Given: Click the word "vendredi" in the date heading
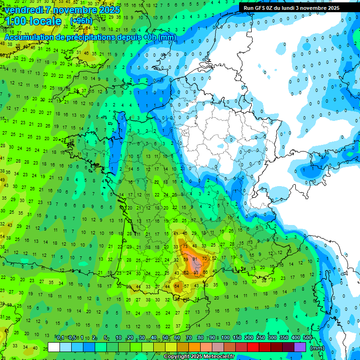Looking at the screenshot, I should [x=23, y=10].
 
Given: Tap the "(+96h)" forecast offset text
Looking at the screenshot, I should [x=81, y=21].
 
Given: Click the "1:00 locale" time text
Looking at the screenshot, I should [x=33, y=22].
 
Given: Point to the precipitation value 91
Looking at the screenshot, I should [x=195, y=259].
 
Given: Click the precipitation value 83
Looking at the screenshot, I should [x=196, y=272].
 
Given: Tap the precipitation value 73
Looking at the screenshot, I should [x=185, y=247].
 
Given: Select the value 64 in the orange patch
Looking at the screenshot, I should [x=177, y=285].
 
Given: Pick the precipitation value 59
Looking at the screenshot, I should [x=186, y=259].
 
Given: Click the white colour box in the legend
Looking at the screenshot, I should [x=54, y=347].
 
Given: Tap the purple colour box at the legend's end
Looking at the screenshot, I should [x=300, y=347].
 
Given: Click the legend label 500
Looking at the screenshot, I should [x=307, y=338].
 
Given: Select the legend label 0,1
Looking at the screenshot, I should [x=60, y=338].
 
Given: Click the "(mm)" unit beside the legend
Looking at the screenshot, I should [x=317, y=348].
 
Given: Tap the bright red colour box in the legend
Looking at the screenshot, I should [x=253, y=347].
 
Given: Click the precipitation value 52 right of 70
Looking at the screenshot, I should [x=215, y=258].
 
